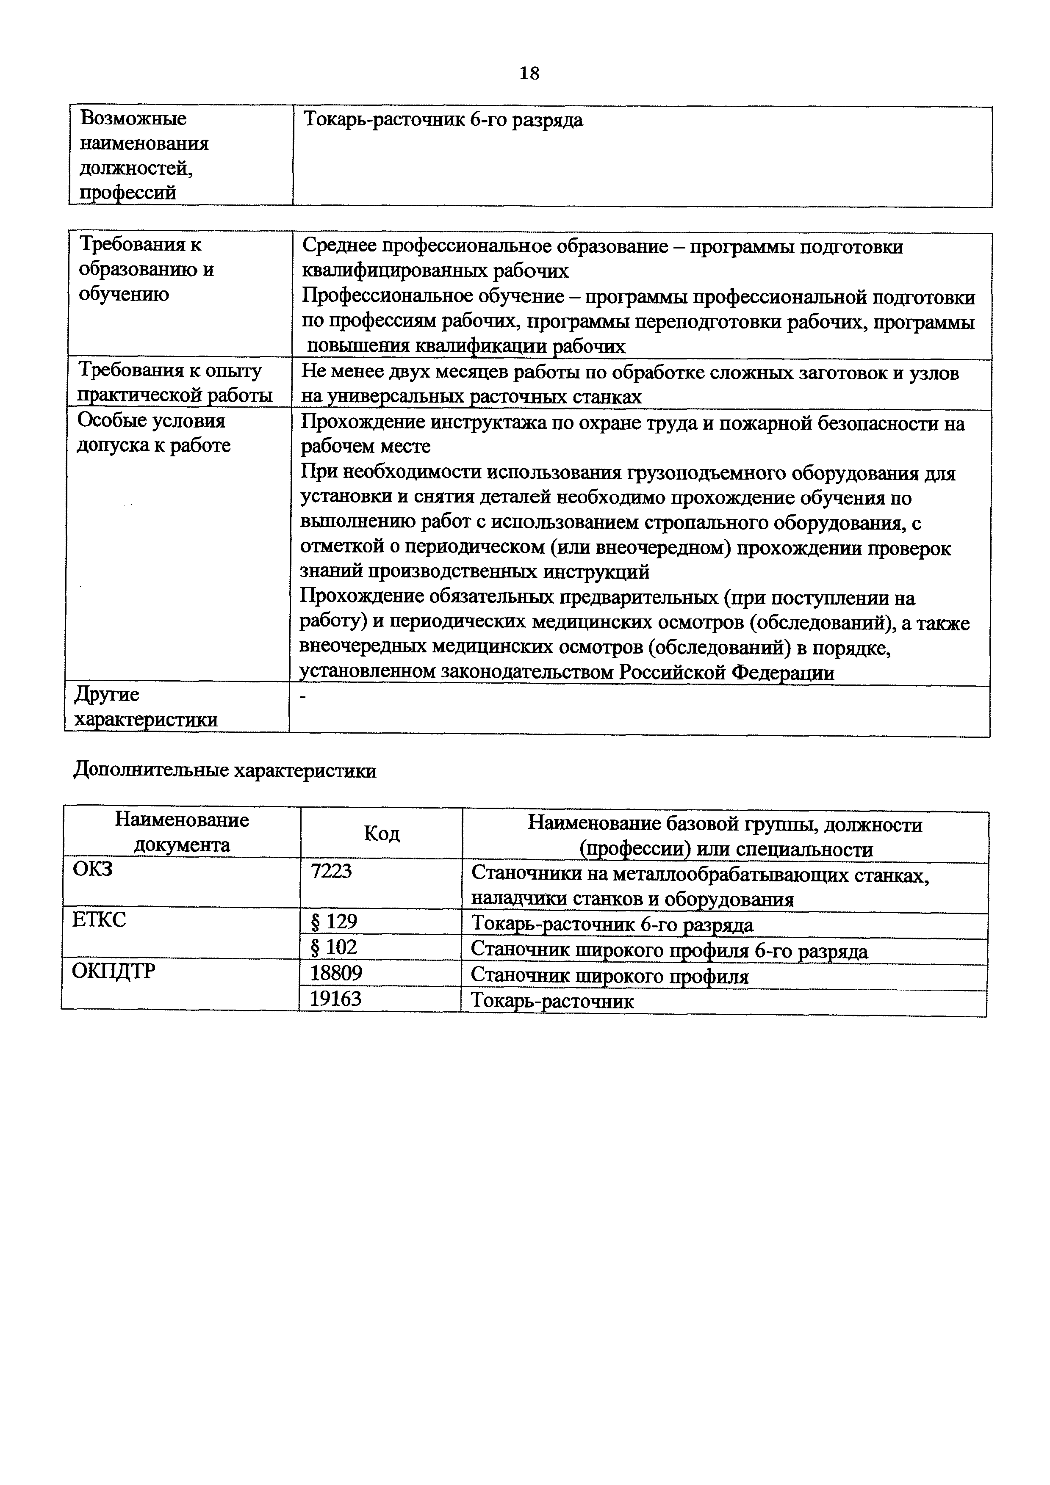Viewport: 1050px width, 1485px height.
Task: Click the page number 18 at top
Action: pos(529,73)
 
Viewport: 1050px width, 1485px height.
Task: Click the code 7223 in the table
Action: pos(331,871)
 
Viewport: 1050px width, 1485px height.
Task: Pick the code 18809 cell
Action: pos(336,973)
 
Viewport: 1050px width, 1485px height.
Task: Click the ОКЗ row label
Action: pos(93,869)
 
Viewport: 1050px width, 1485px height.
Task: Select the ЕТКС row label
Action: pos(100,919)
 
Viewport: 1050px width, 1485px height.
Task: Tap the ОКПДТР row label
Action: pos(114,971)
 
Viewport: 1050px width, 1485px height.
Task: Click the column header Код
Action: pos(382,833)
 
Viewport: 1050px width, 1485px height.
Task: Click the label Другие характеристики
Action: pos(146,707)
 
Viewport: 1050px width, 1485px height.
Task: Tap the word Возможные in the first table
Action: pos(133,119)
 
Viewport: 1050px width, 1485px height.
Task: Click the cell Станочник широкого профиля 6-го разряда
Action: pos(669,950)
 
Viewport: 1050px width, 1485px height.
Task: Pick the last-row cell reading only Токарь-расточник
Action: pos(552,1001)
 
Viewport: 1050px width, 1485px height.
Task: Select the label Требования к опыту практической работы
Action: pos(173,383)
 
